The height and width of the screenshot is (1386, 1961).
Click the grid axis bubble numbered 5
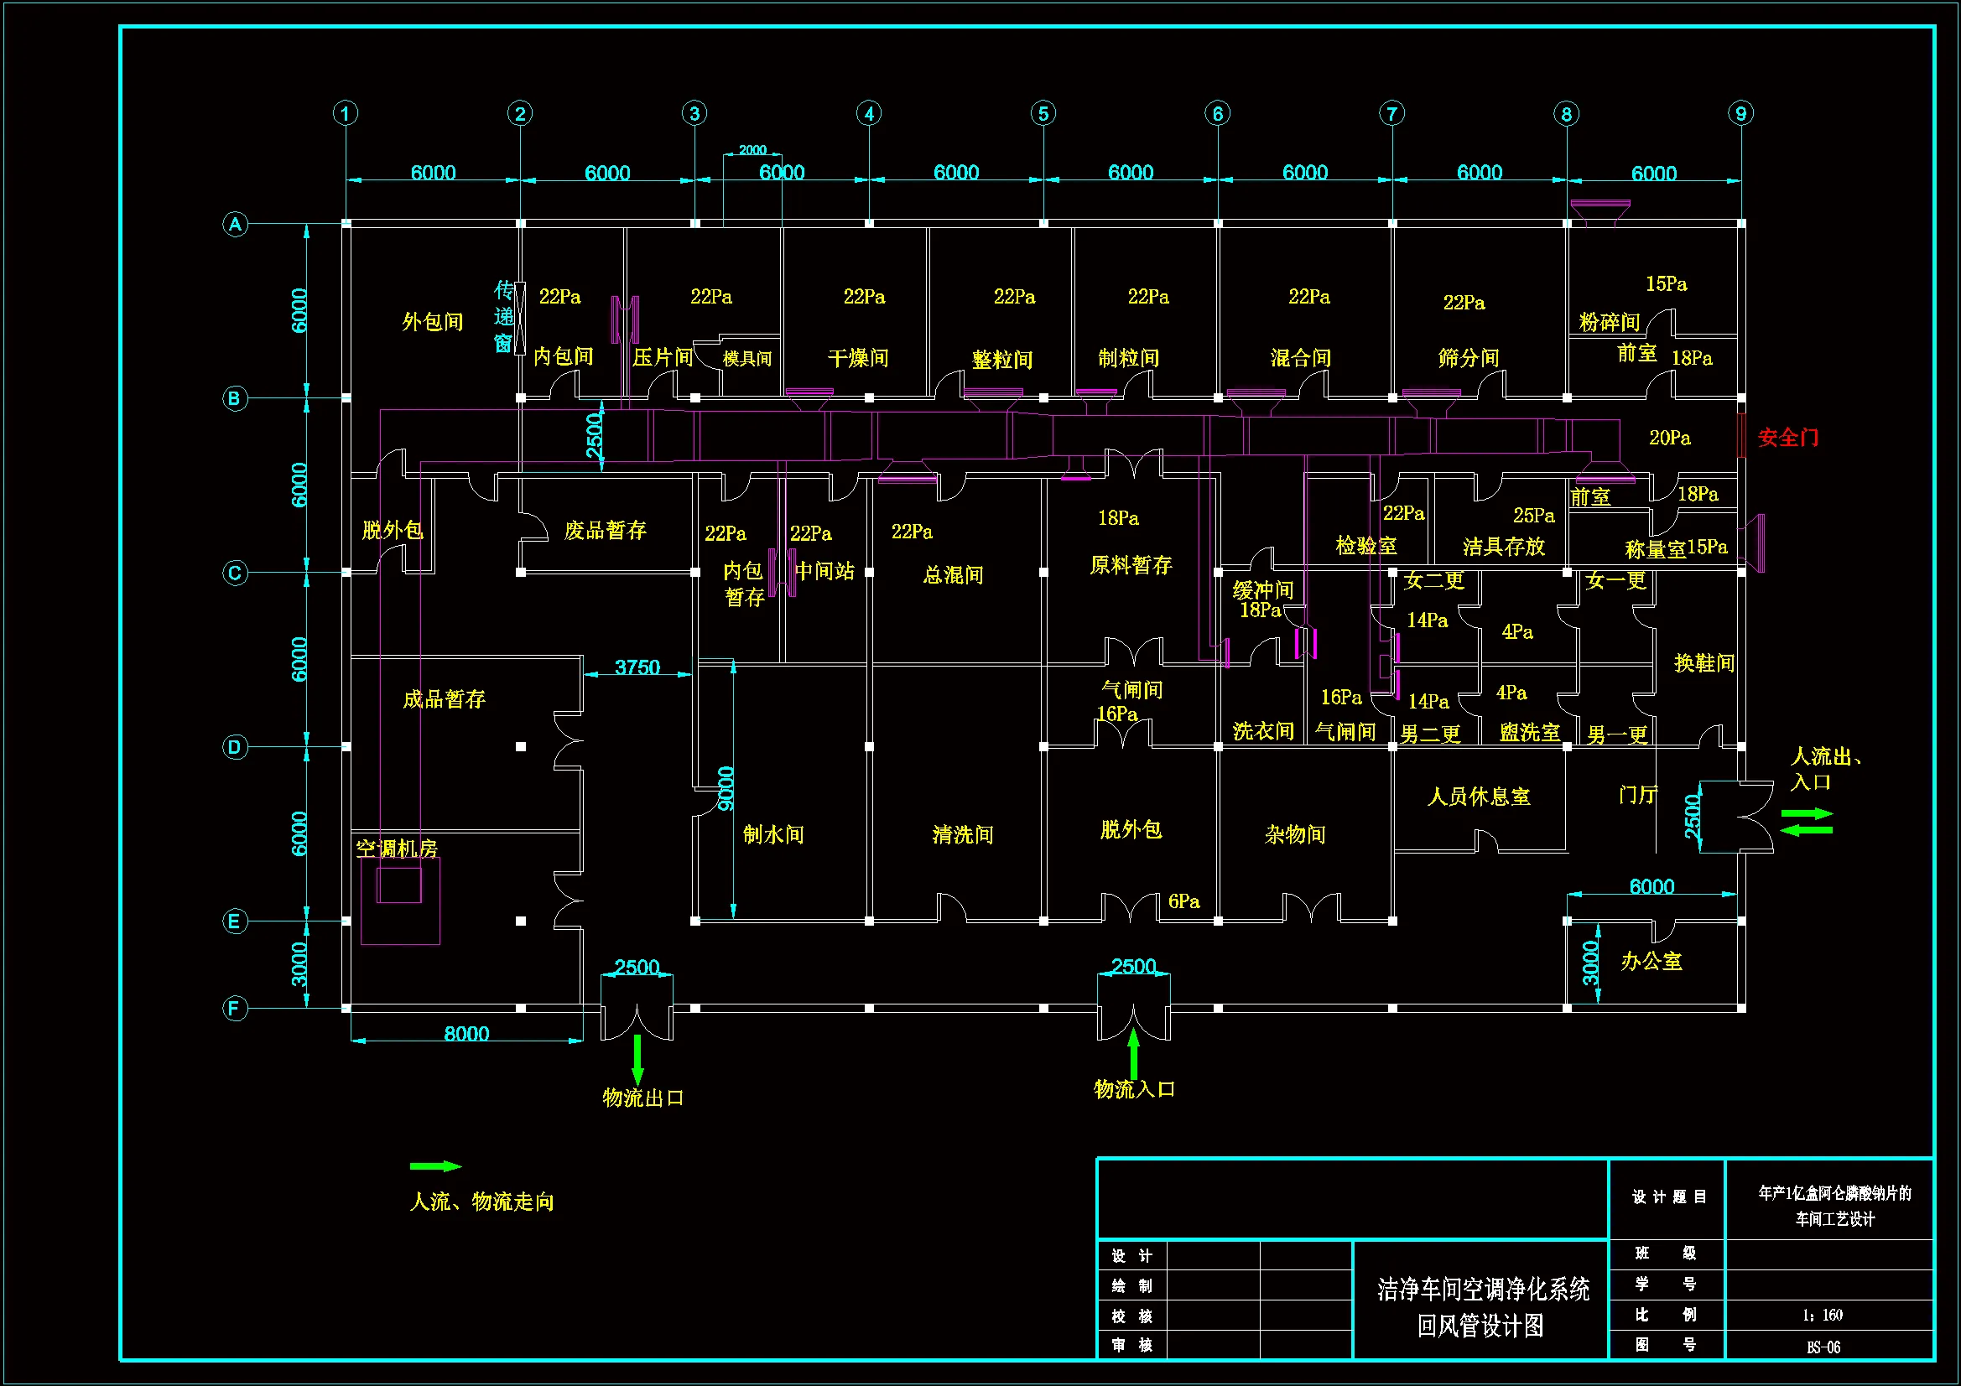(x=1043, y=113)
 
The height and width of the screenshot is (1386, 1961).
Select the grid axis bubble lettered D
(x=235, y=747)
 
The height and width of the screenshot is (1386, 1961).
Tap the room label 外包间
(x=432, y=322)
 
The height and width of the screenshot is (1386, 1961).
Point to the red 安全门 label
(x=1787, y=438)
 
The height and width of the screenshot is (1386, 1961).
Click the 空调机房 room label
(x=396, y=849)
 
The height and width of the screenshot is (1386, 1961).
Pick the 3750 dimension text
(x=637, y=667)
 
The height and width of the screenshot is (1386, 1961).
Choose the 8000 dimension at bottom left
(x=466, y=1033)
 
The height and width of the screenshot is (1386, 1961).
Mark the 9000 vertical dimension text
(x=726, y=788)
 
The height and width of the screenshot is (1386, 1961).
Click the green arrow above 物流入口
(x=1133, y=1053)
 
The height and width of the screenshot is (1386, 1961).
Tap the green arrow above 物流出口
(x=637, y=1060)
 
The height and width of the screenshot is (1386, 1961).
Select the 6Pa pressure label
(x=1183, y=901)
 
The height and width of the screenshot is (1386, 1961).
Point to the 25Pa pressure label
(x=1534, y=515)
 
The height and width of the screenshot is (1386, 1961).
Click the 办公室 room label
(x=1651, y=962)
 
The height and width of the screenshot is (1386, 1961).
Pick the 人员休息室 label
(x=1479, y=797)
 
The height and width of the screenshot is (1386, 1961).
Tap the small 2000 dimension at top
(x=752, y=150)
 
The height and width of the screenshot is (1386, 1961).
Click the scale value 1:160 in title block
(x=1823, y=1315)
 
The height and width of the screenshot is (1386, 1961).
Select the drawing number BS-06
(x=1823, y=1347)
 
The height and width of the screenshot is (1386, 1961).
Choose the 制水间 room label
(x=773, y=834)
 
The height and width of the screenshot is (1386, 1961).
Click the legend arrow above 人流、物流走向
(x=435, y=1165)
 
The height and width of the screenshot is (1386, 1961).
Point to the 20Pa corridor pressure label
(x=1669, y=438)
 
